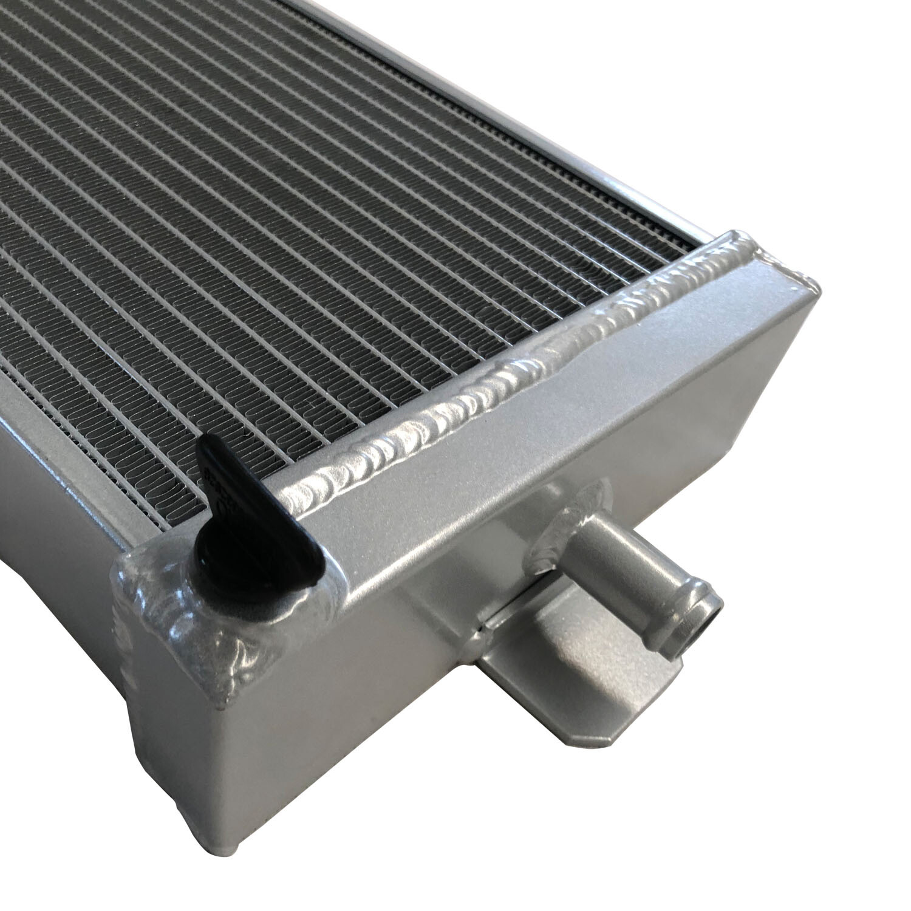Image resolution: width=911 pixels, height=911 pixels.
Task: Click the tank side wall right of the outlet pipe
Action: (x=729, y=486)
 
